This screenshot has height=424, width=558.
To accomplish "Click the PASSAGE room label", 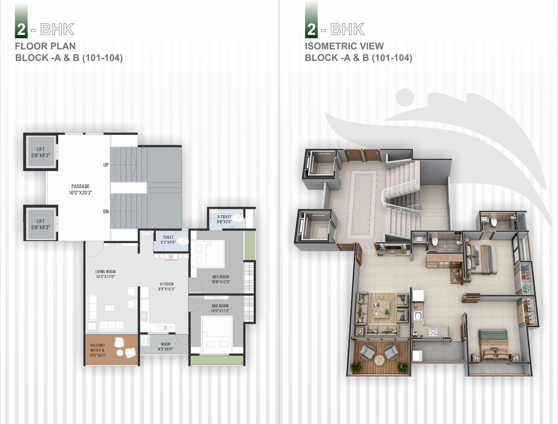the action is point(81,186).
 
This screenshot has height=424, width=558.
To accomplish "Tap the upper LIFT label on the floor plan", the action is point(41,149).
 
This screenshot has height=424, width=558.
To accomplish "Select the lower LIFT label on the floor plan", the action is point(41,221).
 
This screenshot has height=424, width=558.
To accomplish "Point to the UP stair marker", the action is point(106,165).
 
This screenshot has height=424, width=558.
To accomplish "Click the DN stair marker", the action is point(106,212).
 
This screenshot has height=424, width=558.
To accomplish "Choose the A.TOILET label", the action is point(224,217).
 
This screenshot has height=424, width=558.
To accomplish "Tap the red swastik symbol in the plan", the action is point(171,257).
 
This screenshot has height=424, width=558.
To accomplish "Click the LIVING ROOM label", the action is point(105,272).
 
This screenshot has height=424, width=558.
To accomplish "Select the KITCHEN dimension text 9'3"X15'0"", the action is point(167,289).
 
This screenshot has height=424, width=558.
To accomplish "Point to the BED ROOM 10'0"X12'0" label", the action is point(221,279).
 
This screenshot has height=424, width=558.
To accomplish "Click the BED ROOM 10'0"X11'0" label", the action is point(220,308).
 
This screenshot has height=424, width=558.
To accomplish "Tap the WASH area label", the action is point(166,344).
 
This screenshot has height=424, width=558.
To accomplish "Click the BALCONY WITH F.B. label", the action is point(98,348).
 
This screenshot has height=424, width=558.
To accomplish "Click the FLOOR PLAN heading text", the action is point(45,46).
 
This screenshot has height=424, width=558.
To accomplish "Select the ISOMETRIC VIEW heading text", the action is point(344,46).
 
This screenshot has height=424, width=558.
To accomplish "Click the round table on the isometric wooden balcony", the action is point(379,360).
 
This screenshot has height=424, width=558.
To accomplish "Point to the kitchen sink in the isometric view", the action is point(418,316).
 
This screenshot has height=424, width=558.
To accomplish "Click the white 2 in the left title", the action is point(21,30).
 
